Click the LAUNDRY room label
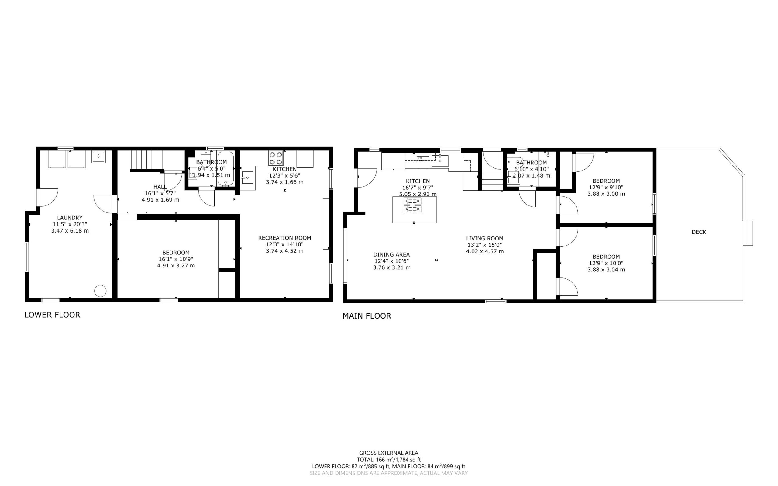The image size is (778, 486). click(70, 218)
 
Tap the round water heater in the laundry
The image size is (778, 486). click(100, 291)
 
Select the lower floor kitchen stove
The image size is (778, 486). click(276, 158)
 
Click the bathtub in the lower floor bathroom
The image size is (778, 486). click(225, 168)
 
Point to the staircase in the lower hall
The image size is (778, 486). click(146, 160)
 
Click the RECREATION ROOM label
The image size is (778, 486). click(285, 238)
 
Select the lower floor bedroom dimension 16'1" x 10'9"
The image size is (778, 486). click(176, 259)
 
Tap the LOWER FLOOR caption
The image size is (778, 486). click(52, 315)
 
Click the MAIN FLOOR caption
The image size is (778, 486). click(367, 316)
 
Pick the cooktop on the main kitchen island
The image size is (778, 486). click(413, 205)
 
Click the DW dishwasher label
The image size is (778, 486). click(420, 158)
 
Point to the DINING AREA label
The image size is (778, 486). click(391, 255)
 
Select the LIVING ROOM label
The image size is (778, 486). click(485, 239)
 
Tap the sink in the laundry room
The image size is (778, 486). click(98, 157)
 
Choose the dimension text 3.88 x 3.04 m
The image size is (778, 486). click(606, 270)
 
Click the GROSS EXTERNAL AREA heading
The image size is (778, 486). click(388, 453)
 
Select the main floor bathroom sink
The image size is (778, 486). click(513, 177)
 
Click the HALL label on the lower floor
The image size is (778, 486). click(160, 187)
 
